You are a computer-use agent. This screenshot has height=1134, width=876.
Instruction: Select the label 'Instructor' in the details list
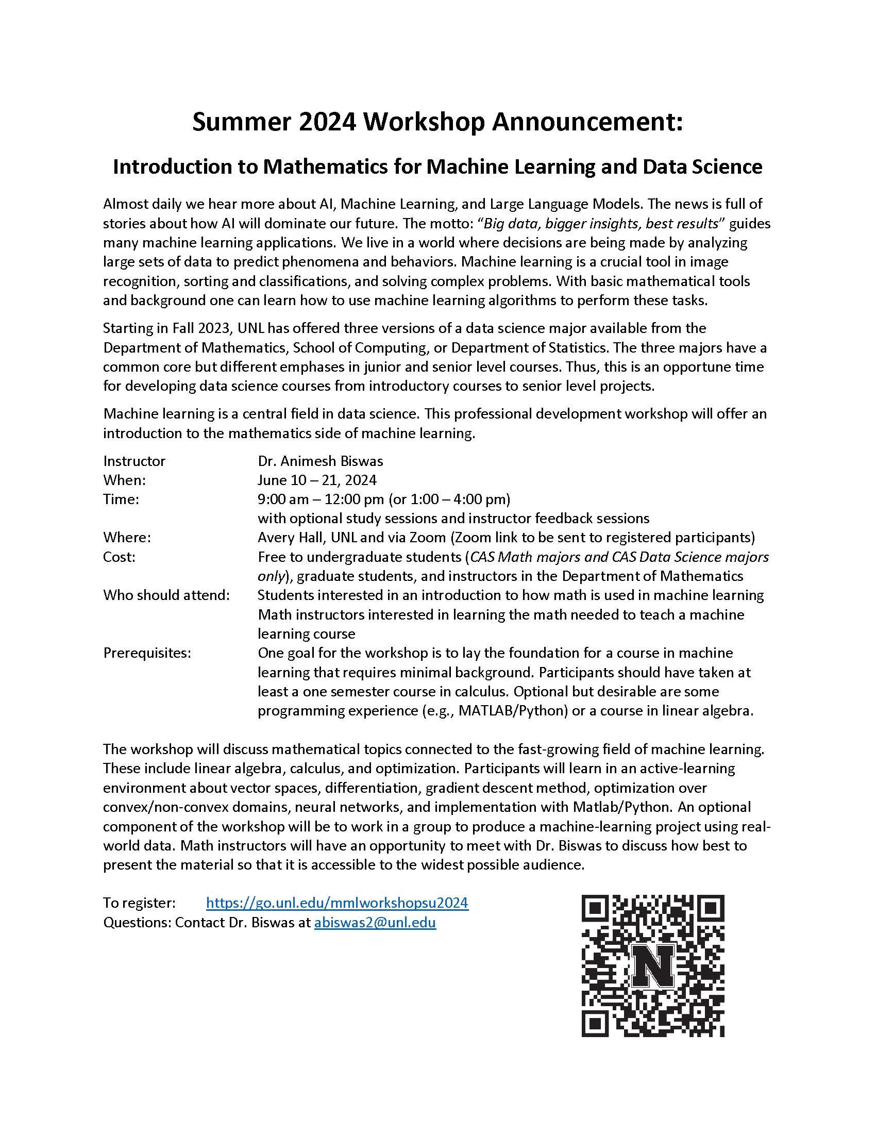pyautogui.click(x=134, y=461)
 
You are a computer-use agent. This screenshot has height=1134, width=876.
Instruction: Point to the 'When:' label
pyautogui.click(x=125, y=480)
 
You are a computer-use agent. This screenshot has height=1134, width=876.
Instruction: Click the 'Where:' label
pyautogui.click(x=127, y=538)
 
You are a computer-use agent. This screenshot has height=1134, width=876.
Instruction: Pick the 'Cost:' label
pyautogui.click(x=120, y=557)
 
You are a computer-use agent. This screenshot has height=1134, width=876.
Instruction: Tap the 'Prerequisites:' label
pyautogui.click(x=147, y=653)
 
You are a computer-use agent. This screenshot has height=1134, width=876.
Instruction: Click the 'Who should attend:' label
pyautogui.click(x=166, y=595)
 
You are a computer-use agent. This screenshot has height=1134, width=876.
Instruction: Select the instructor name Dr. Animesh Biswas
pyautogui.click(x=320, y=461)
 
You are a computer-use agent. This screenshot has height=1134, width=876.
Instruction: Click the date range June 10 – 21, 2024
pyautogui.click(x=317, y=480)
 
